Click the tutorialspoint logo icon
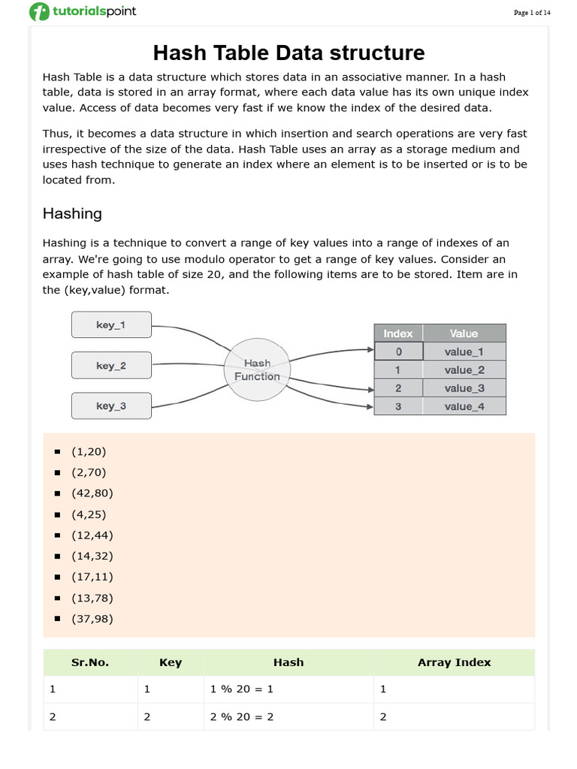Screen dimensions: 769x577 coord(39,13)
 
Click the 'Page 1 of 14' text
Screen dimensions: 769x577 coord(532,13)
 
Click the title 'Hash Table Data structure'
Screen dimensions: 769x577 coord(288,53)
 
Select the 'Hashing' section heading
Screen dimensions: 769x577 coord(72,213)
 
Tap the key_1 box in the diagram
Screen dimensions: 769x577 coord(111,325)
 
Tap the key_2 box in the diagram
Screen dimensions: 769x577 coord(111,366)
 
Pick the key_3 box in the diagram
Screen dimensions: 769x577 coord(111,406)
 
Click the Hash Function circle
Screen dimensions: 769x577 coord(257,369)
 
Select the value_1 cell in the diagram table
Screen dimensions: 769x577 coord(464,351)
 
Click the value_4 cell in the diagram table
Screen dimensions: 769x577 coord(464,406)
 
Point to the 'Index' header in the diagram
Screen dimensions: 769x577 coord(398,333)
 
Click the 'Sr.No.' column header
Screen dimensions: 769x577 coord(90,662)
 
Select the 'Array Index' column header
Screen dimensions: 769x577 coord(454,662)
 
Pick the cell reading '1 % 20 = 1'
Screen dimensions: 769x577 coord(242,689)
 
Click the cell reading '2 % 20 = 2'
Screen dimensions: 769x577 coord(242,717)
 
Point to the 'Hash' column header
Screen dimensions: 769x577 coord(288,662)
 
